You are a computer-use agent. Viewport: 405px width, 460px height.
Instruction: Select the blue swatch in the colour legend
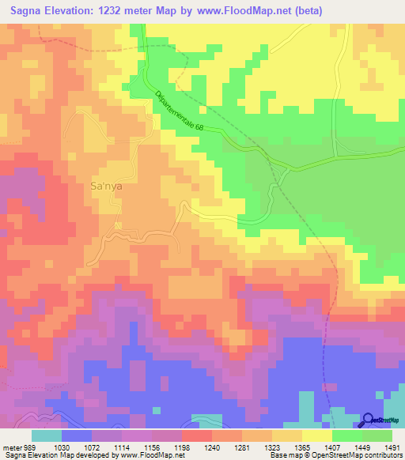(x=77, y=435)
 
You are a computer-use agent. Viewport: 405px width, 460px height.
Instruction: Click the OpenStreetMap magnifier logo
(x=367, y=420)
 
